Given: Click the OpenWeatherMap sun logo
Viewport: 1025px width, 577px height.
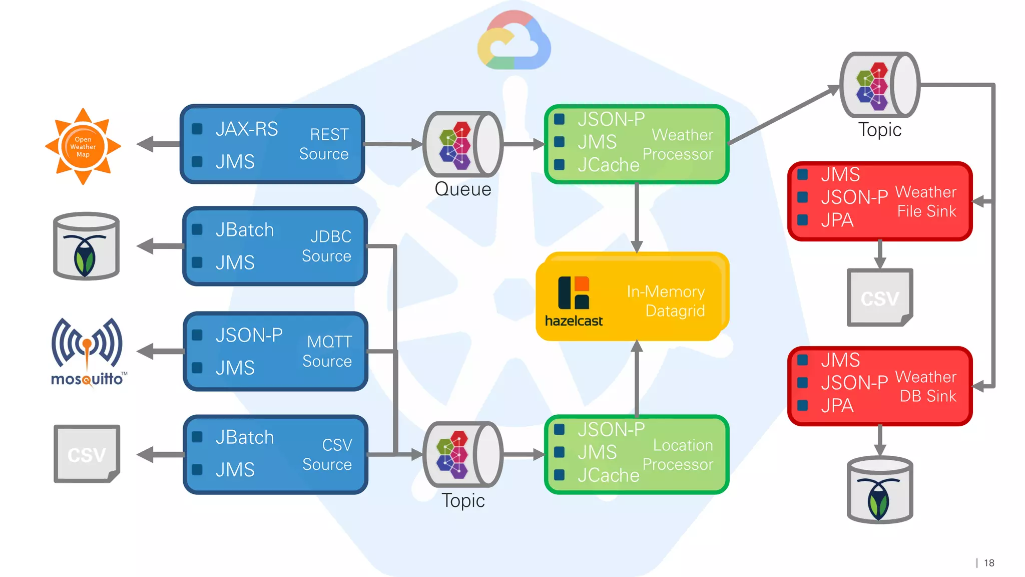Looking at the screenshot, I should pyautogui.click(x=83, y=146).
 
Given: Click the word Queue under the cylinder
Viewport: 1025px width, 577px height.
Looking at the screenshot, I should pyautogui.click(x=463, y=189).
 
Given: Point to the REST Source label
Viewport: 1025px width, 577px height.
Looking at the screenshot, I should pyautogui.click(x=324, y=144).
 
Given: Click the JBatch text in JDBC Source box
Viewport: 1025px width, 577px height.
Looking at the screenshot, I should pyautogui.click(x=245, y=230).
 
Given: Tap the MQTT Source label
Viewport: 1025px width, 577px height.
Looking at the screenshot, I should pyautogui.click(x=328, y=351).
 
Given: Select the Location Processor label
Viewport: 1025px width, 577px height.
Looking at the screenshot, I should pyautogui.click(x=678, y=455).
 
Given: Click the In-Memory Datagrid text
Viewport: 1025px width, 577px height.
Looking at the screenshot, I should pyautogui.click(x=666, y=301).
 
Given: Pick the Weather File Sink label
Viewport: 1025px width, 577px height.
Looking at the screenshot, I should pyautogui.click(x=926, y=201).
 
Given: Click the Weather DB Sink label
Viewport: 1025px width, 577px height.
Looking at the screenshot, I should pyautogui.click(x=926, y=386).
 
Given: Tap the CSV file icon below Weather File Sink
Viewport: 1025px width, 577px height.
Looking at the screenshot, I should pyautogui.click(x=880, y=298).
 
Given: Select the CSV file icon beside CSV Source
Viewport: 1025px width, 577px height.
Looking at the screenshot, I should pyautogui.click(x=87, y=454).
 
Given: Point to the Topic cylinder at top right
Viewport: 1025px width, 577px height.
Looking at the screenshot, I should pyautogui.click(x=879, y=85).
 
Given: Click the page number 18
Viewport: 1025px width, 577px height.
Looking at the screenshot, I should pyautogui.click(x=989, y=563).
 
